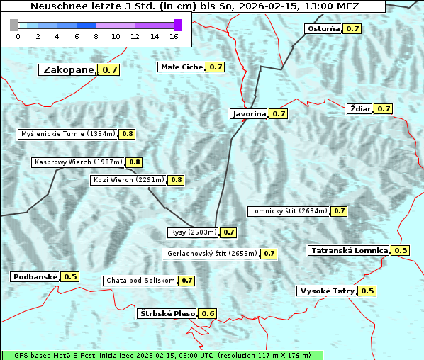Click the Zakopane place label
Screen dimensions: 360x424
point(68,69)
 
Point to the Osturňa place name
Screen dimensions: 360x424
point(323,29)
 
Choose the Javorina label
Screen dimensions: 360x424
point(250,113)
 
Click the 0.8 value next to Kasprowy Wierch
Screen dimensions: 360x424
point(135,162)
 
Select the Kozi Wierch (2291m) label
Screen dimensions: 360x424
point(128,180)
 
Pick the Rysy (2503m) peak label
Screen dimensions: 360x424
point(193,232)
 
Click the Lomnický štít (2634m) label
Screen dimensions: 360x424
point(289,210)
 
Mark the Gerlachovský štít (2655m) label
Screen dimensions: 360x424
point(211,253)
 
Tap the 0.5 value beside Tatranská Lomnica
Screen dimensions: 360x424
point(401,250)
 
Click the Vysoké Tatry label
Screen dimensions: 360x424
point(327,291)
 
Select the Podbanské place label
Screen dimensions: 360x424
point(34,276)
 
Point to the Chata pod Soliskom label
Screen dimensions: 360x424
point(139,280)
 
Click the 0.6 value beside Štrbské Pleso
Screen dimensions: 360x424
point(208,313)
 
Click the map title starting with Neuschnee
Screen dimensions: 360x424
point(193,6)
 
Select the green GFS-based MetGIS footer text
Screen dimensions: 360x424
point(161,355)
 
